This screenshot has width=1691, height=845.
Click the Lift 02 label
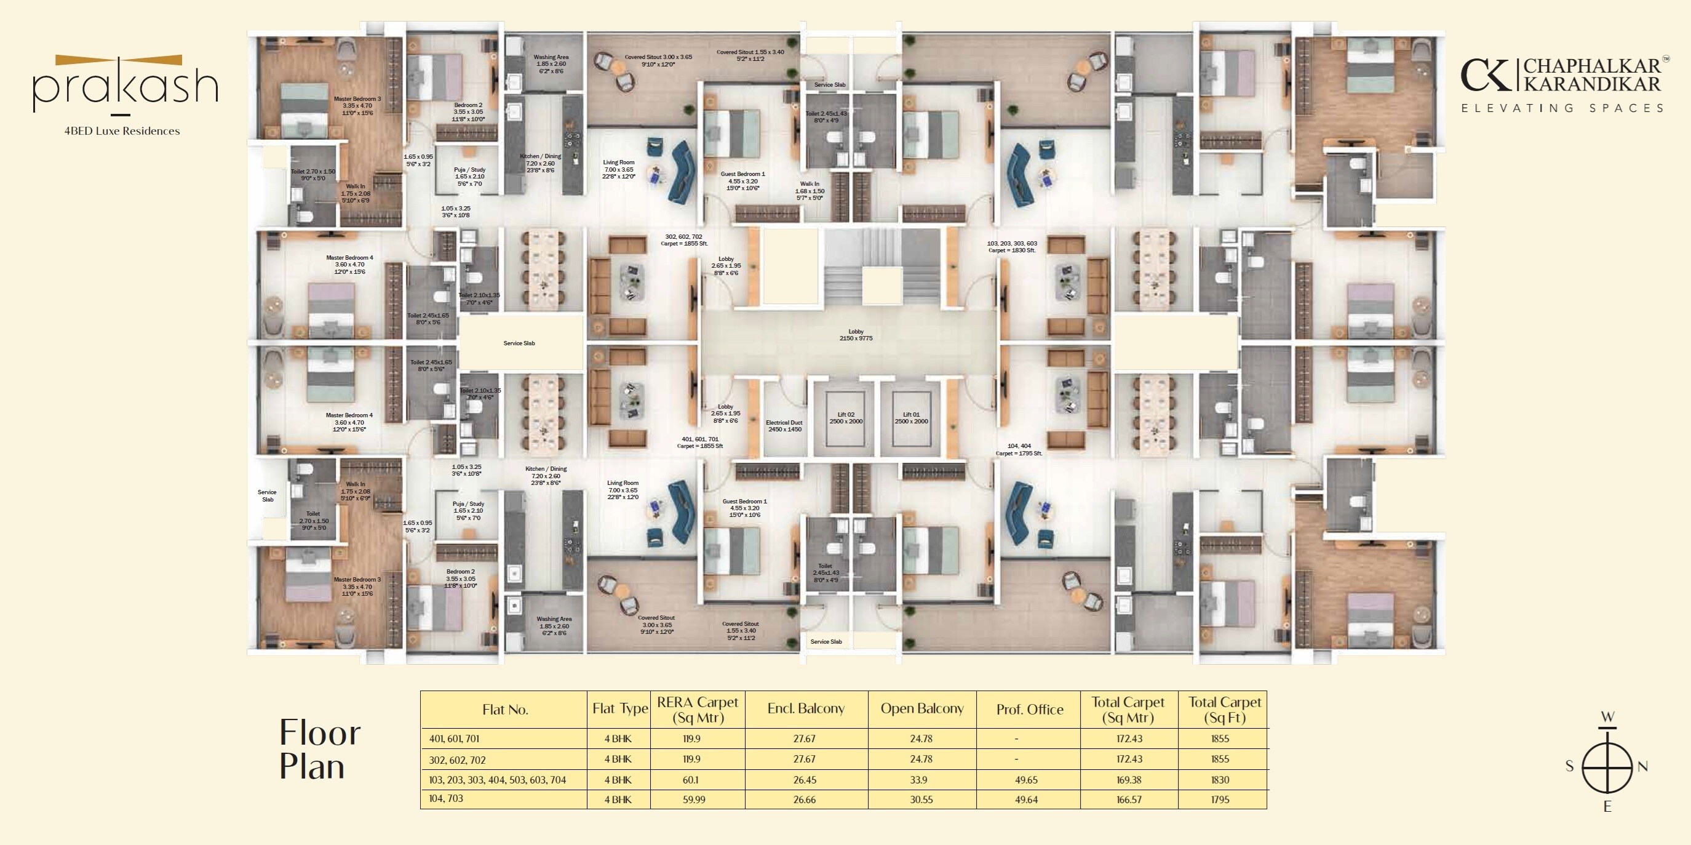(845, 417)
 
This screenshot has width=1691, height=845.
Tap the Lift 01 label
(910, 417)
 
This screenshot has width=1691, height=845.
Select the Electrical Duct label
(784, 425)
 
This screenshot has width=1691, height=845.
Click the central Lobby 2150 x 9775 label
(856, 335)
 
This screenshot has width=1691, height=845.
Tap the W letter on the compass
(1607, 716)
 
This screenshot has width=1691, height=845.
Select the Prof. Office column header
(1029, 709)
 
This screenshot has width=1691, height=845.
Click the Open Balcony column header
(921, 708)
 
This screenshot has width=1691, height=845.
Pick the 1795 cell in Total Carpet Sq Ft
(1220, 799)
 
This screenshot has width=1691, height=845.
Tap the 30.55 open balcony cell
(921, 799)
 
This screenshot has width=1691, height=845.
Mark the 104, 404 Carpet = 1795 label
(1018, 449)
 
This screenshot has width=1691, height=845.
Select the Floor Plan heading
(320, 749)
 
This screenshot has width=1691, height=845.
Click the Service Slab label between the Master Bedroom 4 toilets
(519, 343)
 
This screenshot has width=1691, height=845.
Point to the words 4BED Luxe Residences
(122, 130)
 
